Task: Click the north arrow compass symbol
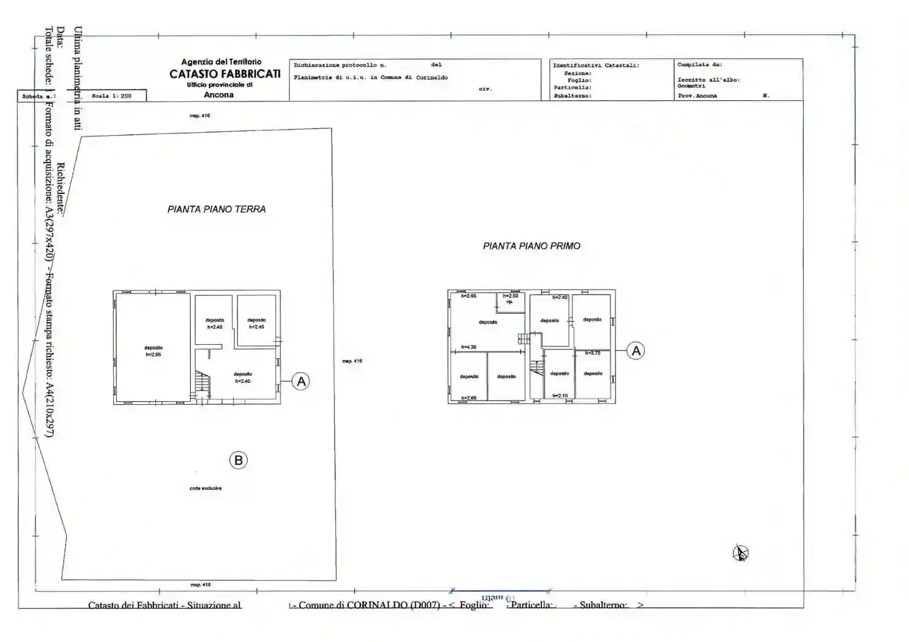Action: (x=741, y=553)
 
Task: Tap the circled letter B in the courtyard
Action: (x=239, y=460)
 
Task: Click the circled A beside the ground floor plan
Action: (x=300, y=382)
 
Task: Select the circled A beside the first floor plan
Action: (x=636, y=351)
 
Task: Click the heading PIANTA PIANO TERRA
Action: (x=217, y=209)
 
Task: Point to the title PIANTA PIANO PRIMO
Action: (x=532, y=246)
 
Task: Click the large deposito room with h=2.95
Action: (x=154, y=351)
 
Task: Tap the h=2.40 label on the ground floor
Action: (x=215, y=327)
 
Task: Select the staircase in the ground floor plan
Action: (x=202, y=383)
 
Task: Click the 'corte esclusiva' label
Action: (x=206, y=488)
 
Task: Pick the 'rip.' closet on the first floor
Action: (x=510, y=301)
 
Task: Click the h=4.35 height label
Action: (x=469, y=347)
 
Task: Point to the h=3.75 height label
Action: (x=593, y=353)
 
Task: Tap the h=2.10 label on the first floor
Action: (x=560, y=396)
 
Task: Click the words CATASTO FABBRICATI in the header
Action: (x=225, y=74)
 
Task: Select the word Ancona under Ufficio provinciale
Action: (x=218, y=95)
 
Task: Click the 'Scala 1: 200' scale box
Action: (x=111, y=96)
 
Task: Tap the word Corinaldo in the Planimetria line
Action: (x=432, y=78)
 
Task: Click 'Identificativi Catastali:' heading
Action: (x=596, y=65)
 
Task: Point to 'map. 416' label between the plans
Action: (x=352, y=361)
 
